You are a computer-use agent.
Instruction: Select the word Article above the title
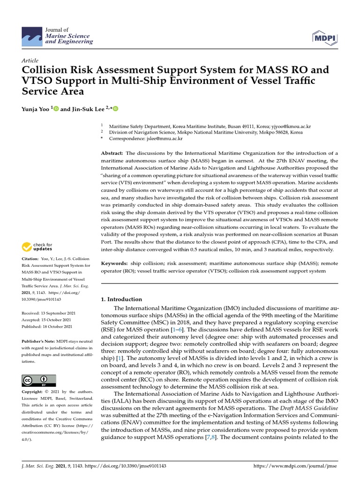(30, 61)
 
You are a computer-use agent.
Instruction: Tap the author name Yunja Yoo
(37, 109)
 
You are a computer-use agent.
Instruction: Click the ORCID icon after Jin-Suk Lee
(116, 109)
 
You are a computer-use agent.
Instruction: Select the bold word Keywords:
(114, 264)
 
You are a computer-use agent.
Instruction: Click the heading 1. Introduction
(121, 299)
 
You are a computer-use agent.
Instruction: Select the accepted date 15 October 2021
(55, 319)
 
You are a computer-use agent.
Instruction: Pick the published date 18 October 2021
(56, 326)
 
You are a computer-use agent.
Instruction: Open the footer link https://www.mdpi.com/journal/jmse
(295, 466)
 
